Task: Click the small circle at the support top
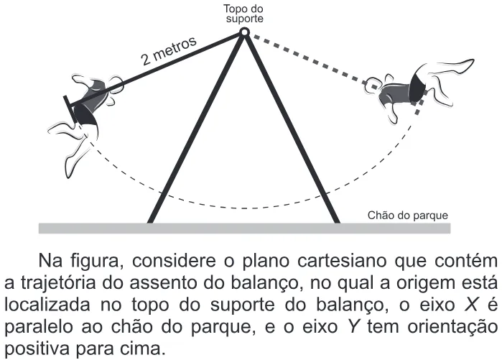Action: pyautogui.click(x=245, y=32)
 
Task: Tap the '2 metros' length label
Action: pyautogui.click(x=169, y=50)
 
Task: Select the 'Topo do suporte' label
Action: pyautogui.click(x=244, y=14)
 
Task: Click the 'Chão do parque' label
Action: pyautogui.click(x=407, y=216)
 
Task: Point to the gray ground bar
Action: pyautogui.click(x=245, y=228)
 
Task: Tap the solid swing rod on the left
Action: pyautogui.click(x=156, y=70)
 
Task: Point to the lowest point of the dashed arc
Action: pyautogui.click(x=245, y=208)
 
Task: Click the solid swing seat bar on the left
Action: pyautogui.click(x=70, y=109)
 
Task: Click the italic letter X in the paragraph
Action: pyautogui.click(x=470, y=305)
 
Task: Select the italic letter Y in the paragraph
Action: pyautogui.click(x=353, y=327)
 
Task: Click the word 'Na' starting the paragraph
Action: pyautogui.click(x=50, y=261)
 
